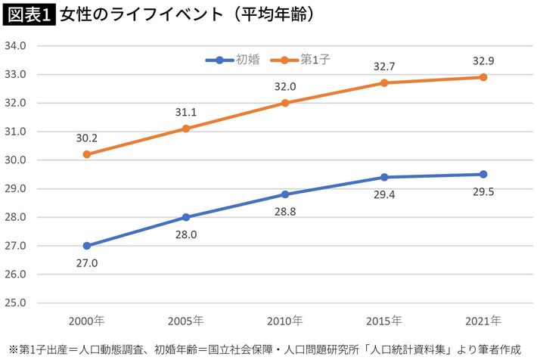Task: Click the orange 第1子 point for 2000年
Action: click(x=87, y=154)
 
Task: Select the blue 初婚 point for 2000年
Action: click(x=87, y=246)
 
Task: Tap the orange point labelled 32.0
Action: click(x=285, y=103)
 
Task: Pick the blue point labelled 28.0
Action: click(x=186, y=217)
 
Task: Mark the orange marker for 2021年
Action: click(x=483, y=77)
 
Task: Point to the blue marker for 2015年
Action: click(x=384, y=177)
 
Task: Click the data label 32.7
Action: click(x=384, y=67)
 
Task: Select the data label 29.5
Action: click(x=483, y=193)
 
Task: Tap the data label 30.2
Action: click(x=87, y=138)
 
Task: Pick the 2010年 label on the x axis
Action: click(x=285, y=321)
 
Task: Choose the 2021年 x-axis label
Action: click(x=483, y=321)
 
